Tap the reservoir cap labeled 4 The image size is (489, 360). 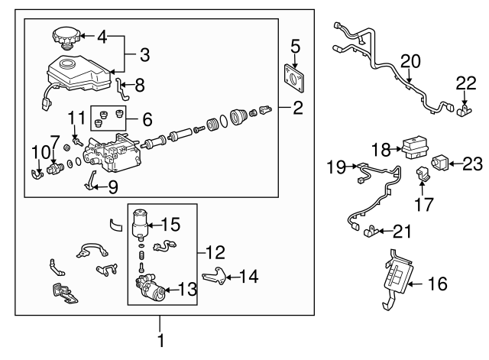pyautogui.click(x=65, y=37)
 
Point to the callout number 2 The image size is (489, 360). pyautogui.click(x=298, y=108)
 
